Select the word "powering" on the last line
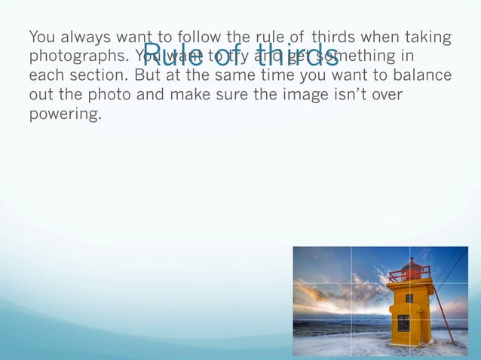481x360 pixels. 64,115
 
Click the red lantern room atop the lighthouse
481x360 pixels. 411,268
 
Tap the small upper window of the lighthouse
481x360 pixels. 409,298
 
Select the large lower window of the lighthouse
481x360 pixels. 403,322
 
